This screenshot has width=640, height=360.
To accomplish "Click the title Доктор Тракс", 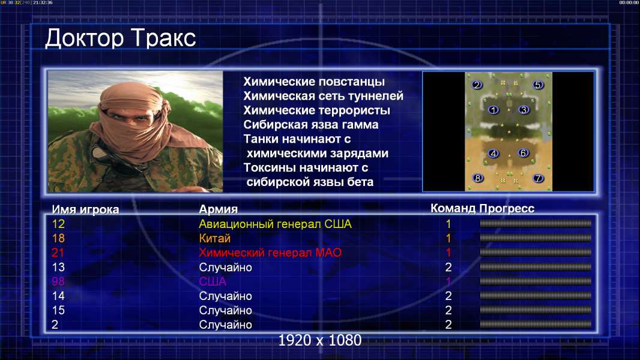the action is pyautogui.click(x=121, y=38).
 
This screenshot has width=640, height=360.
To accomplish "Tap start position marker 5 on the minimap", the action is pyautogui.click(x=537, y=85).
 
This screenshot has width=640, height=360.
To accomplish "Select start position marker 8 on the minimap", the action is pyautogui.click(x=477, y=178).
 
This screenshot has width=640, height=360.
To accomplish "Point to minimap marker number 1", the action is pyautogui.click(x=494, y=110).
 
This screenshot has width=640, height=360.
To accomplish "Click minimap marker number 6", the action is pyautogui.click(x=523, y=153).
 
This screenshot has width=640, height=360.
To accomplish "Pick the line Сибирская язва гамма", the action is pyautogui.click(x=311, y=125).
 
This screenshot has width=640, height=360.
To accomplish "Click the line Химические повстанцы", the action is pyautogui.click(x=314, y=82).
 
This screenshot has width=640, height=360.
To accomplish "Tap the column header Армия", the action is pyautogui.click(x=218, y=209).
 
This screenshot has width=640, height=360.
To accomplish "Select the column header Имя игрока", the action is pyautogui.click(x=85, y=209).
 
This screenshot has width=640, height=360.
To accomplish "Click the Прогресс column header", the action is pyautogui.click(x=507, y=208).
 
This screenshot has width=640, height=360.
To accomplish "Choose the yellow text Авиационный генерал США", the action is pyautogui.click(x=275, y=224).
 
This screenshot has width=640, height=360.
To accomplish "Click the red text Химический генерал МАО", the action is pyautogui.click(x=270, y=253).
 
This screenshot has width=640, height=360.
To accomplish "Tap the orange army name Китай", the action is pyautogui.click(x=215, y=238).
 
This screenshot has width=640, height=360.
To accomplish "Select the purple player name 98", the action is pyautogui.click(x=58, y=281).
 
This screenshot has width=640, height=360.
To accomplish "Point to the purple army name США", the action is pyautogui.click(x=213, y=281).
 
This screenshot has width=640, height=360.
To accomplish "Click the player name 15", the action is pyautogui.click(x=58, y=310).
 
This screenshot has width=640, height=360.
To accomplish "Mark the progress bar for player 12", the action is pyautogui.click(x=536, y=223).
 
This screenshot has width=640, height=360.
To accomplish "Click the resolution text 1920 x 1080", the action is pyautogui.click(x=320, y=340).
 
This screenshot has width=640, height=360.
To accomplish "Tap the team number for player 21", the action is pyautogui.click(x=448, y=253).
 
